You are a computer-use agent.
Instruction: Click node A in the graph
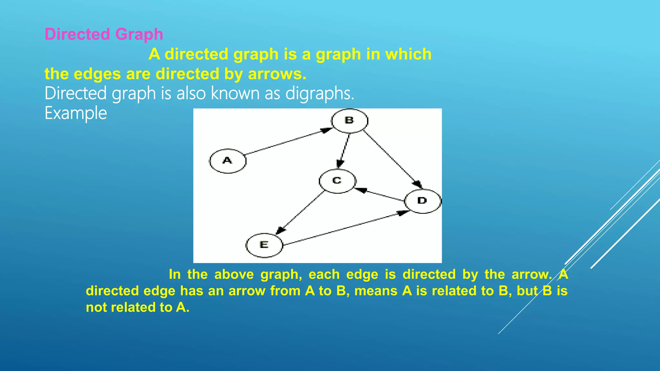click(228, 161)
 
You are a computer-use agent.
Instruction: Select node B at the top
click(350, 120)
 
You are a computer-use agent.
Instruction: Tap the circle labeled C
click(337, 181)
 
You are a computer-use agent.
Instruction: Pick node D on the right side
click(422, 201)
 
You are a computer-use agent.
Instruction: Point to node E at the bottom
click(264, 245)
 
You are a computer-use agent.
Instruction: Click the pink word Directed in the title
click(77, 34)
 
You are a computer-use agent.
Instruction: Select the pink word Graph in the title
click(139, 34)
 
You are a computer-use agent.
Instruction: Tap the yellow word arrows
click(277, 74)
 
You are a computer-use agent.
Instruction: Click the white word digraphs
click(320, 93)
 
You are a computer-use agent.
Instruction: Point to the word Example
click(76, 113)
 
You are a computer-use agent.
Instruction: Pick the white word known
click(235, 93)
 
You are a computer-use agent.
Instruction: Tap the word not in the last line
click(96, 307)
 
